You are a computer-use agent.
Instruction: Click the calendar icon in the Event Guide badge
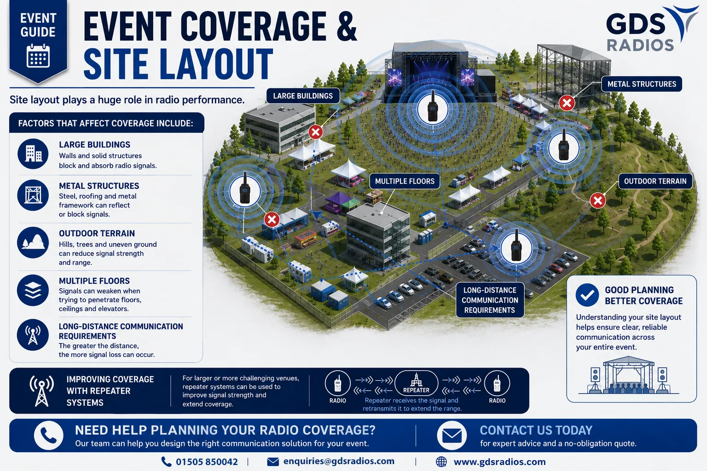pos(38,56)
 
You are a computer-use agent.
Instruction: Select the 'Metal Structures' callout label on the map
pos(642,84)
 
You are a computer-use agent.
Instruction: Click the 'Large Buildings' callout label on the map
pos(303,96)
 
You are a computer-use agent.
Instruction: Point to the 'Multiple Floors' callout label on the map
pos(405,181)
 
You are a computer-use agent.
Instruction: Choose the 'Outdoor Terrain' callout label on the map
pos(655,181)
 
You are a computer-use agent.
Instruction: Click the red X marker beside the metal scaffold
pos(567,103)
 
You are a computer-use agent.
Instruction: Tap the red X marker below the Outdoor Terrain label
pos(598,201)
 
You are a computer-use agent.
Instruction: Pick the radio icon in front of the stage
pos(433,106)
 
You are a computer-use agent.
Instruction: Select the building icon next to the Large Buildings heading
pos(33,154)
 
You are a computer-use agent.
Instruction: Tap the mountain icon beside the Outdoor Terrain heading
pos(33,242)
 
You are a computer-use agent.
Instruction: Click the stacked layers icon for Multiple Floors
pos(33,290)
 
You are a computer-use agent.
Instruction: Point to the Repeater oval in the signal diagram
pos(416,383)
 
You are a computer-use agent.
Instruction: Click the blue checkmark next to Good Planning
pos(587,295)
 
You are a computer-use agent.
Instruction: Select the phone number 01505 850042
pos(207,462)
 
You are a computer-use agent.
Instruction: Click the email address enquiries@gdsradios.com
pos(339,461)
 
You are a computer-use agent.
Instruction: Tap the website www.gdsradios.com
pos(499,462)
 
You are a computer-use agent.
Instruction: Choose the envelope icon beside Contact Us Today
pos(452,435)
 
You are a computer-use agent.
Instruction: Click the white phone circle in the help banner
pos(49,435)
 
